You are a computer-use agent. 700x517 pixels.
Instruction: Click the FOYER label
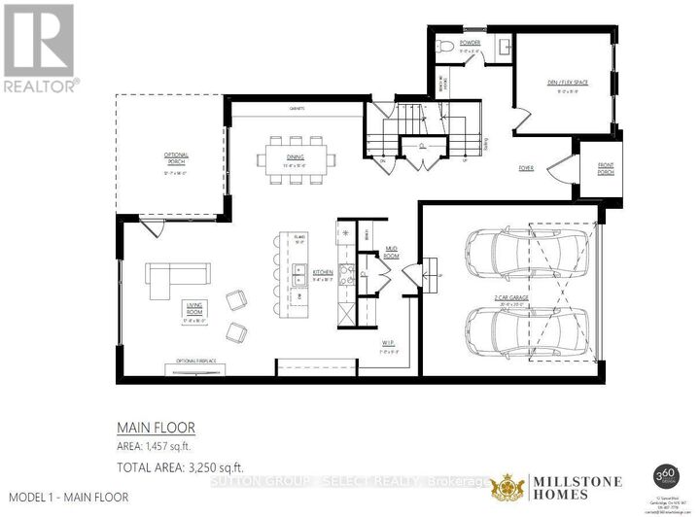click(525, 167)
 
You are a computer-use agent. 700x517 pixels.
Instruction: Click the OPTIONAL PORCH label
click(176, 159)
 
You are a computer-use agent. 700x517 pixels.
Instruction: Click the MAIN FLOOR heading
click(157, 426)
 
